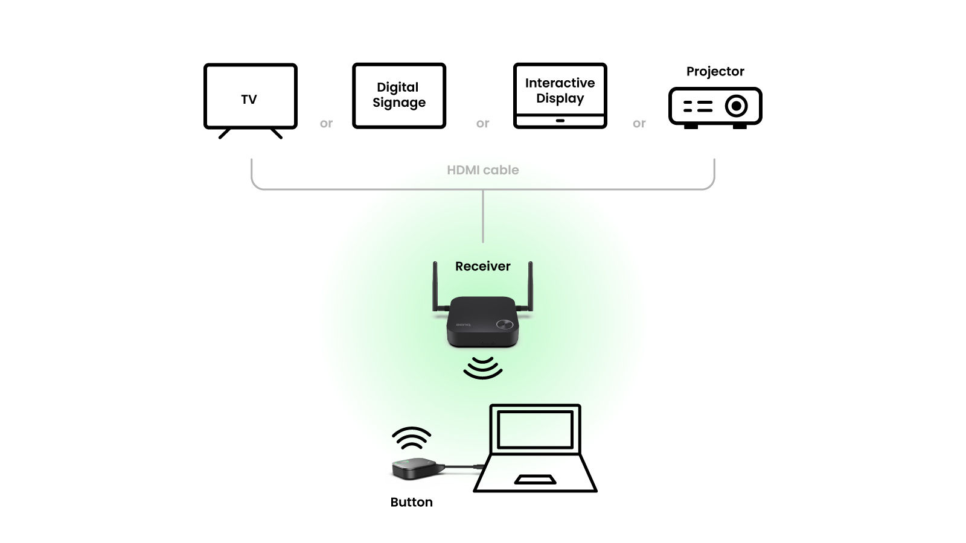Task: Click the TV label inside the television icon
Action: tap(249, 100)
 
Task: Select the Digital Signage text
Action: tap(398, 95)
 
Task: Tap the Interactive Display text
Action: tap(560, 91)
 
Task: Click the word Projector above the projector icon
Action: tap(715, 71)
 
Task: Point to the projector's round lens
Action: tap(736, 106)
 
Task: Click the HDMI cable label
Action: tap(482, 170)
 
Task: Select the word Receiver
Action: tap(482, 266)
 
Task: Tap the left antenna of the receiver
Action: tap(435, 287)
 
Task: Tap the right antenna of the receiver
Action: tap(530, 287)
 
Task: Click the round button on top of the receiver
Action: tap(504, 325)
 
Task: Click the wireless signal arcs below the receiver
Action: tap(482, 367)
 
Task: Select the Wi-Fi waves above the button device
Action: tap(411, 439)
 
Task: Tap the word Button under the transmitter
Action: tap(411, 502)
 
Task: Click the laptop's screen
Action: tap(535, 429)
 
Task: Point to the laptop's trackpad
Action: tap(535, 480)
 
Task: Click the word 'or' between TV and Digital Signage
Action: tap(326, 124)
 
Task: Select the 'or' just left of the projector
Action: tap(639, 124)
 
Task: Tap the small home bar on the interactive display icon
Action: tap(560, 121)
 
